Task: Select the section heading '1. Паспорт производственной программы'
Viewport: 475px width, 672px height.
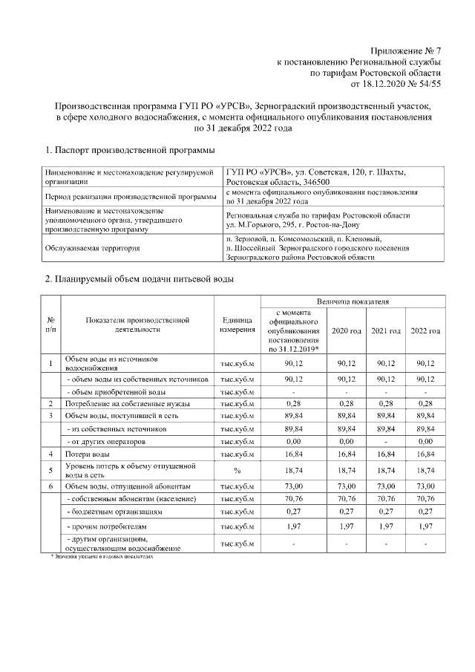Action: [x=130, y=151]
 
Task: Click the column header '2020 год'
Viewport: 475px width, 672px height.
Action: [x=347, y=330]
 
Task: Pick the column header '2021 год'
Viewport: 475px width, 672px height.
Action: [x=386, y=330]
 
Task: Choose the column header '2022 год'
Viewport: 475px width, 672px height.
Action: [x=425, y=330]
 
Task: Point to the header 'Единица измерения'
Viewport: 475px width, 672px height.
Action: [x=237, y=324]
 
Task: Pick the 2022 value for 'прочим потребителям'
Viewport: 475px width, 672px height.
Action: [x=425, y=526]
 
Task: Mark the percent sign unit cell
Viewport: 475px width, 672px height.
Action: [x=237, y=470]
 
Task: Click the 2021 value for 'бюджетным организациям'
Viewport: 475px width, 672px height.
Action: [x=386, y=512]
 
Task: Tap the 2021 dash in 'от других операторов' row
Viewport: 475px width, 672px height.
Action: [x=386, y=441]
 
